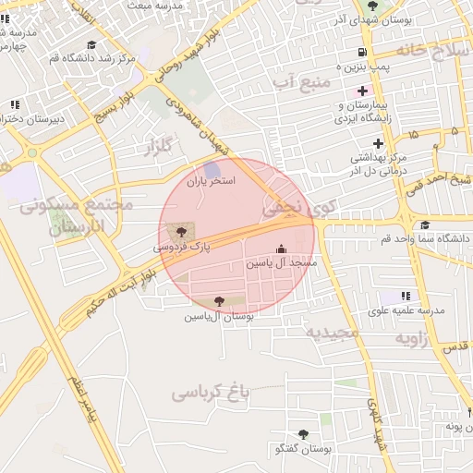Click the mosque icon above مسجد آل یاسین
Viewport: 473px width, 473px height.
[281, 249]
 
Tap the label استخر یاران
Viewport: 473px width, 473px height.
[212, 181]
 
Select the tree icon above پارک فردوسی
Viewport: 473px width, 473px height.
[178, 230]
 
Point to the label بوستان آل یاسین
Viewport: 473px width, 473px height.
[218, 316]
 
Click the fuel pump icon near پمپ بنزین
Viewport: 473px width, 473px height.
[361, 53]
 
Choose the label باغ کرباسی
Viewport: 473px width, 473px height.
[211, 394]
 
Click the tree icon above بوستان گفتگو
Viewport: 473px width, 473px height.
[302, 434]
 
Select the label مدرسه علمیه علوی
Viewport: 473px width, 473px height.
[406, 310]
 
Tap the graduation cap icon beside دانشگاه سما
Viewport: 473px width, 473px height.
[424, 224]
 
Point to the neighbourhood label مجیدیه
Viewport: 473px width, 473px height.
[333, 332]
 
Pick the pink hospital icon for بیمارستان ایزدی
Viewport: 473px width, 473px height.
[362, 91]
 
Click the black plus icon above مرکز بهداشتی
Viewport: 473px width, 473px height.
[378, 143]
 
